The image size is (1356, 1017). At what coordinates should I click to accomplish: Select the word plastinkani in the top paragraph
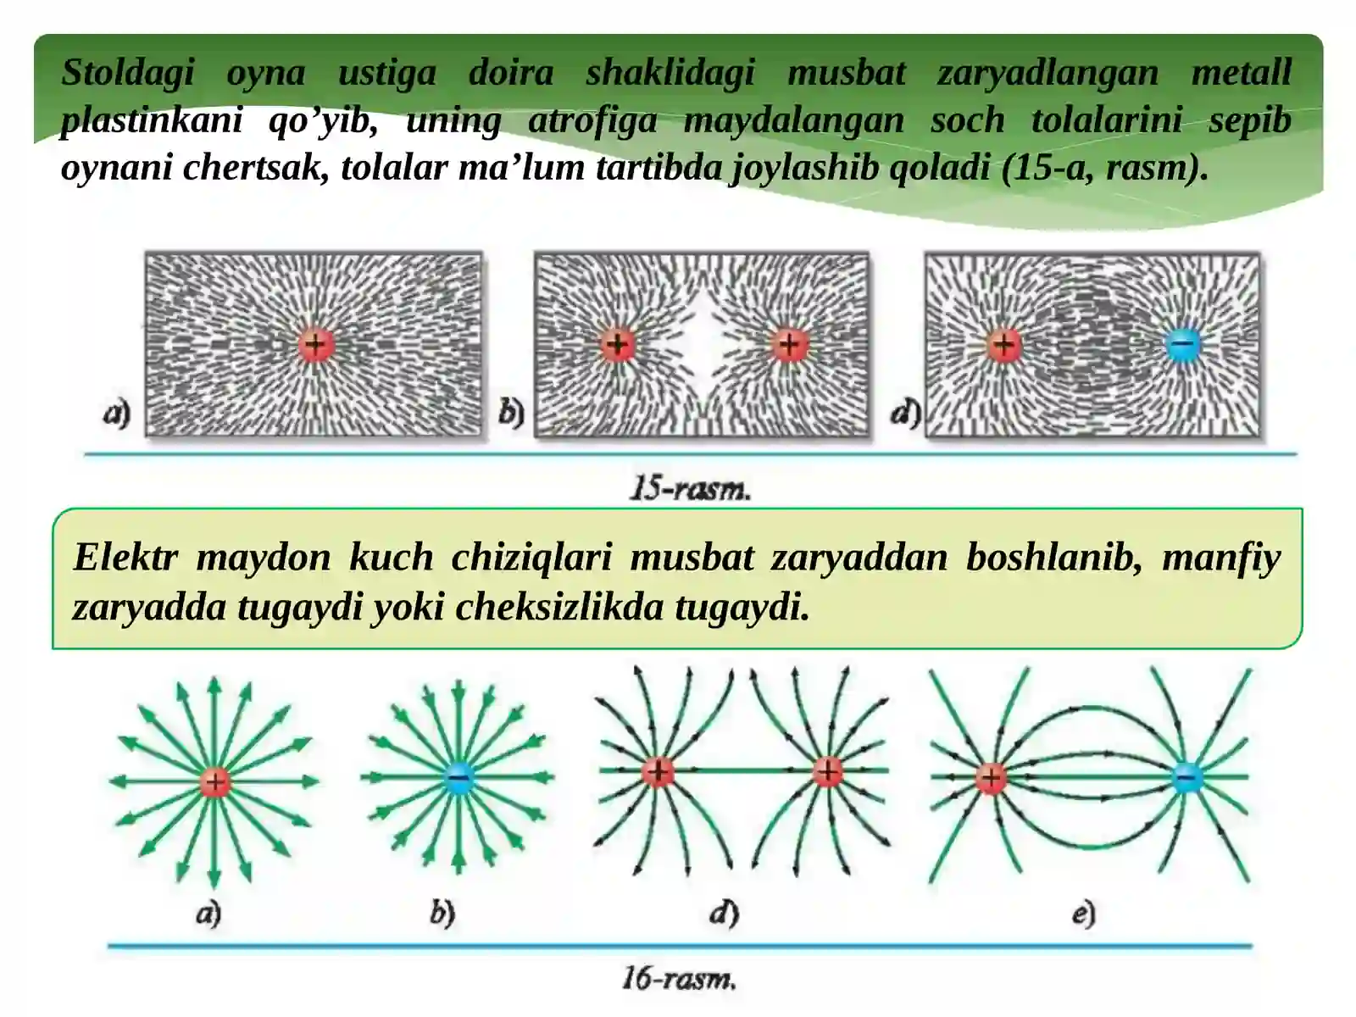pos(152,120)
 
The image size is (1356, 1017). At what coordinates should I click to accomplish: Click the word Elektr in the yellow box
pos(125,557)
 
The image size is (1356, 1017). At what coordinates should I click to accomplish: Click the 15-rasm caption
pos(690,489)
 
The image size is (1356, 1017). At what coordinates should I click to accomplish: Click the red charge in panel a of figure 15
pos(315,344)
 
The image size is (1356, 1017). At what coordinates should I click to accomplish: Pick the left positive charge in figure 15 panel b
pos(618,344)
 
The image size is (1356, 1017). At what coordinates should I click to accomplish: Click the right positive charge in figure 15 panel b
pos(789,344)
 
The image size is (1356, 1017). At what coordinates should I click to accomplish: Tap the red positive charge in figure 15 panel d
pos(1004,344)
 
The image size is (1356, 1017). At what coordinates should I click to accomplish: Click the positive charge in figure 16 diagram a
pos(215,781)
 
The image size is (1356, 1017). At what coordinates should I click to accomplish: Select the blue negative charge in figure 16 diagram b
pos(459,777)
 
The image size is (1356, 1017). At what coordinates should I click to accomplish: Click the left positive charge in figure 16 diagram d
pos(658,771)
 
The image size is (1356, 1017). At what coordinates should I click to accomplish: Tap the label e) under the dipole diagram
pos(1084,914)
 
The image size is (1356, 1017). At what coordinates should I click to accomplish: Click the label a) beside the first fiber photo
pos(117,413)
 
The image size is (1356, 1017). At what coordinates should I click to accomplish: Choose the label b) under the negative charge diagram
pos(442,914)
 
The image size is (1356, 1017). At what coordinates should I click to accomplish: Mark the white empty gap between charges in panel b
pos(703,345)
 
